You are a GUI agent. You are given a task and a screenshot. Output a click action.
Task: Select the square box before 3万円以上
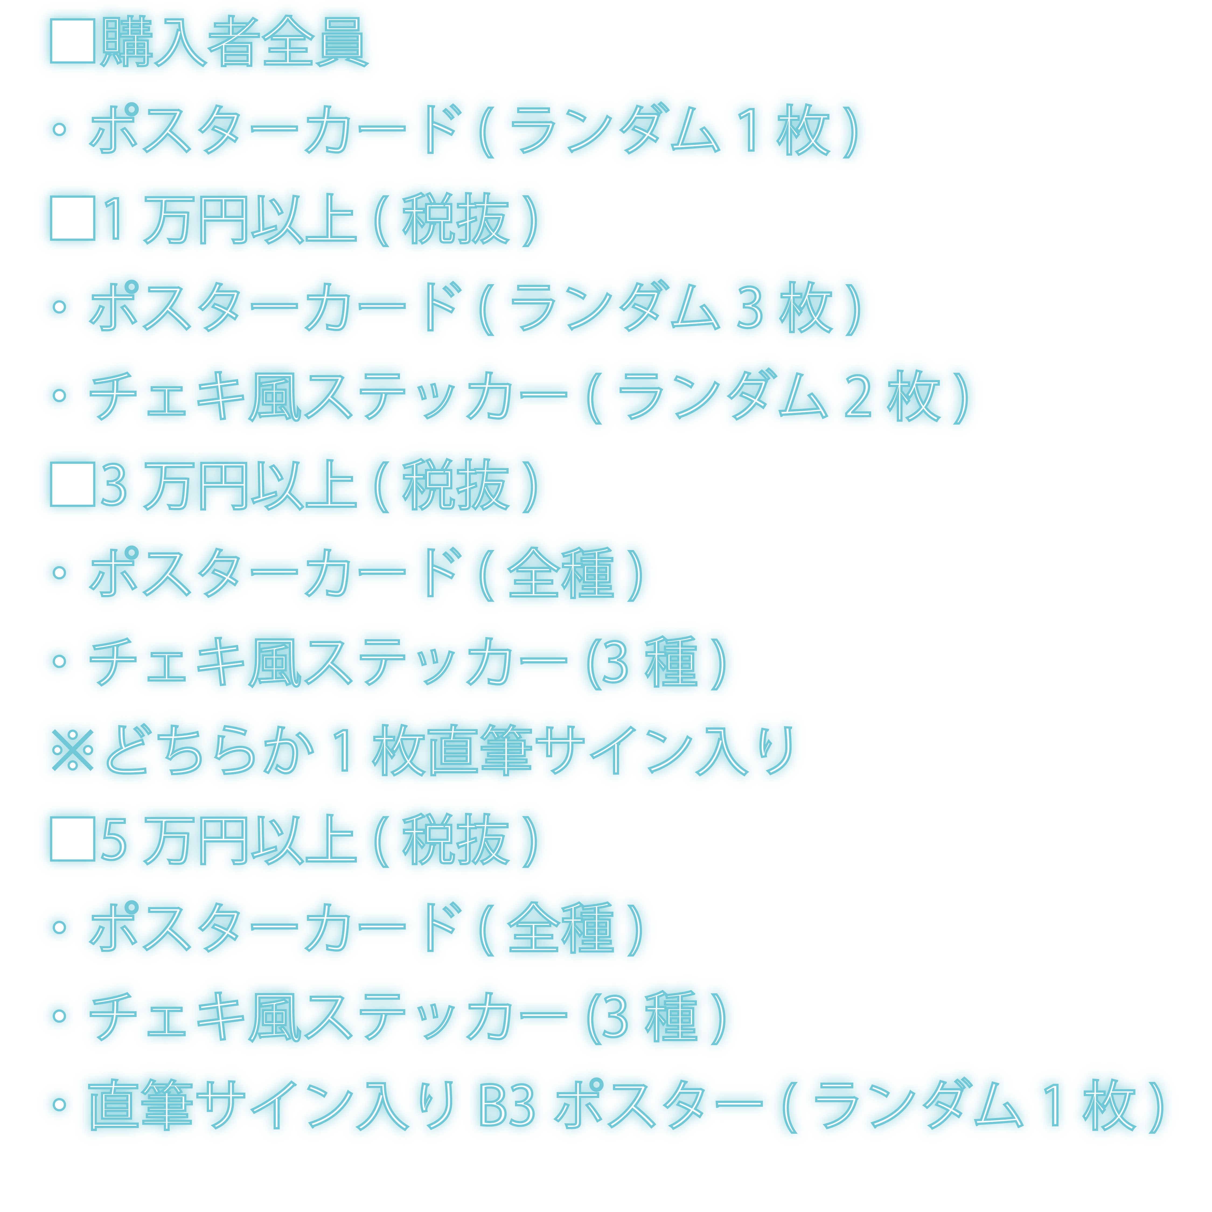click(x=72, y=484)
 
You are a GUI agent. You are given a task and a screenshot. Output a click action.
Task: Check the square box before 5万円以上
click(x=72, y=839)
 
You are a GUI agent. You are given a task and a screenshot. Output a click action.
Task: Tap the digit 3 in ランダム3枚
click(x=750, y=307)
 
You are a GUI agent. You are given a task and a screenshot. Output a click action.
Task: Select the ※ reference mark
click(x=72, y=750)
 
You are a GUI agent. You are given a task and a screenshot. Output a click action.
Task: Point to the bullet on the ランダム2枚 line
click(x=60, y=395)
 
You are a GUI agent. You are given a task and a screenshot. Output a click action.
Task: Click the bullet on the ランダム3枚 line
click(x=60, y=306)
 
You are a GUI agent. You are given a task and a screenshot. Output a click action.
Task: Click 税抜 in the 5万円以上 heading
click(x=455, y=839)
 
